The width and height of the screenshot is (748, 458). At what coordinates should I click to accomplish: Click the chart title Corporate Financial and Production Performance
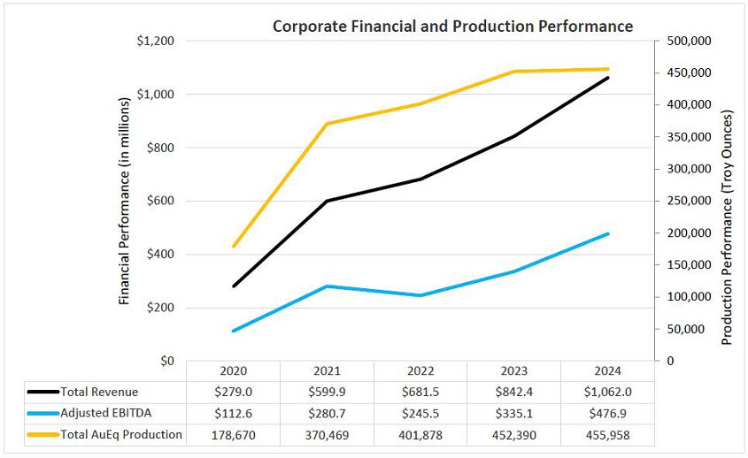pos(452,26)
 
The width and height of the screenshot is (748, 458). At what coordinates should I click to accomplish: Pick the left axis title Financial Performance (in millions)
pos(125,202)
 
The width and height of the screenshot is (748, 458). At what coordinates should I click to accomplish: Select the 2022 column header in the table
pos(420,370)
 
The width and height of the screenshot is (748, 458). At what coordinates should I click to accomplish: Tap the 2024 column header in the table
pos(607,370)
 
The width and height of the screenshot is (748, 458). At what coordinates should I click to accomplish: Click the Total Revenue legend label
pos(99,392)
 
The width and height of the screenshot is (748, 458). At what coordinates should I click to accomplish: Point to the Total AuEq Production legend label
pos(121,434)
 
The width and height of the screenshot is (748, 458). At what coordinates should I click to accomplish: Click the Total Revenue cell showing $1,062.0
pos(607,392)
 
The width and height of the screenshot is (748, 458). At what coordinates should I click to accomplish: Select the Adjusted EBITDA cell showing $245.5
pos(420,413)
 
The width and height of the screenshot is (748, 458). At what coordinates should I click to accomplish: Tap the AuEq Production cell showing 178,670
pos(234,434)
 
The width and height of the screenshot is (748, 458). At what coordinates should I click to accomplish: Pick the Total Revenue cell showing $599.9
pos(327,392)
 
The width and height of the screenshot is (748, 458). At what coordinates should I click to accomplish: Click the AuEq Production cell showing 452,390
pos(513,434)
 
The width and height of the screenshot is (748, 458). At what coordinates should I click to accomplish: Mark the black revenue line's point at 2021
pos(327,201)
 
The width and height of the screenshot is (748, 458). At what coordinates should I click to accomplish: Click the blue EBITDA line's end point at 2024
pos(607,233)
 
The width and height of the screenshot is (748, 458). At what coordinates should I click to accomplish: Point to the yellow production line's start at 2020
pos(234,246)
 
